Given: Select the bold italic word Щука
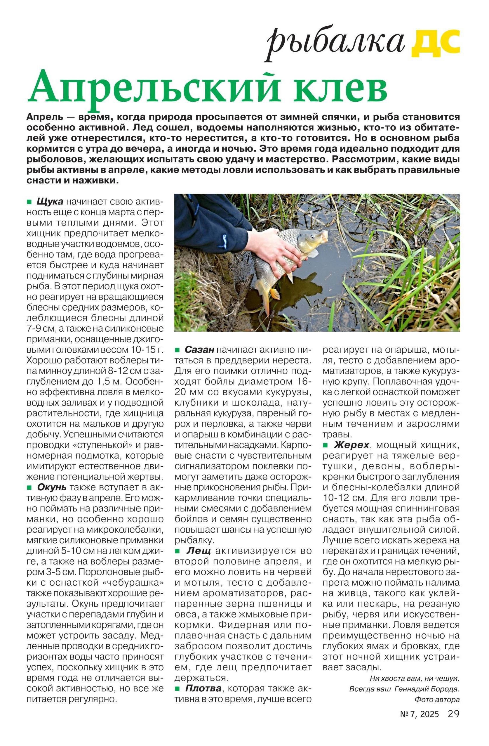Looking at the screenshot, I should coord(50,201).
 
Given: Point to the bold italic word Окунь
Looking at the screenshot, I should coord(52,487).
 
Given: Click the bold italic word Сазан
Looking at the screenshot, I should coord(199,349).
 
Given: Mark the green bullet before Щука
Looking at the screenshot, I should coord(30,201).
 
